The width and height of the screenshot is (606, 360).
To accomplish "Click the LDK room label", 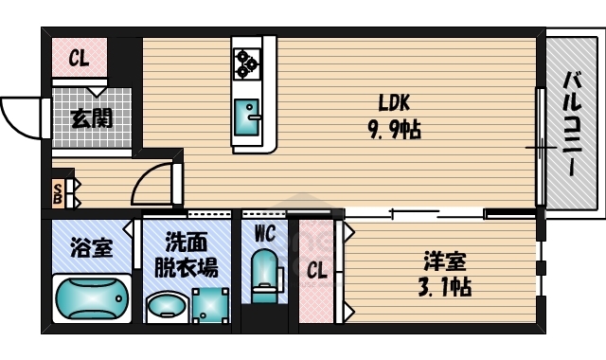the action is pos(394,102).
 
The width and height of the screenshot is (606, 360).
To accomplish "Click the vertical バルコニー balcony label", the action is pos(572,122).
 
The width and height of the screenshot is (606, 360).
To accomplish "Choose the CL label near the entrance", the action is pos(79,60).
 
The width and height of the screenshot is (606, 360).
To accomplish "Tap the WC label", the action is pos(263,233).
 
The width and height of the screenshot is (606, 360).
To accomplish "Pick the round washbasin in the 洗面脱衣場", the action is pos(168,307).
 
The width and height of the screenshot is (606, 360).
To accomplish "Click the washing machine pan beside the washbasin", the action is pos(210,305).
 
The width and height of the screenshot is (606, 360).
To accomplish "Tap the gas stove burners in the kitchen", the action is pos(248,62).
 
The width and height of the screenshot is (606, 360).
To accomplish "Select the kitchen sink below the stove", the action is pos(249,117).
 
